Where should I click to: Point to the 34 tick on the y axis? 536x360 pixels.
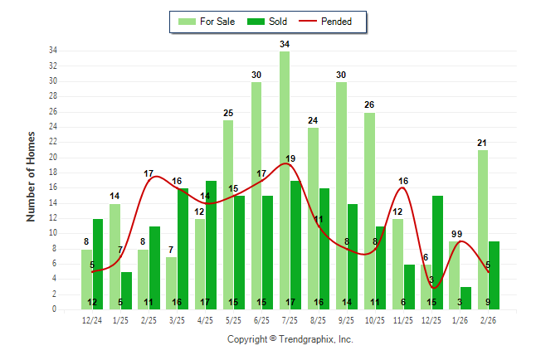tap(52, 51)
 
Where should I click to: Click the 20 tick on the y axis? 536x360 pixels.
tap(52, 158)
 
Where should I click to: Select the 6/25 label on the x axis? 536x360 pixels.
tap(261, 320)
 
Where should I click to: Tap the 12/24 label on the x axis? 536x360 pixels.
tap(92, 320)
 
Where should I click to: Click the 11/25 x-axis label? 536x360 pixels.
tap(403, 320)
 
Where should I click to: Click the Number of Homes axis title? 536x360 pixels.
tap(31, 176)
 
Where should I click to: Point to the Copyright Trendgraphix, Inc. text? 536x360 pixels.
tap(290, 339)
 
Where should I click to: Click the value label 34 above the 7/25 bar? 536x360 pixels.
tap(285, 44)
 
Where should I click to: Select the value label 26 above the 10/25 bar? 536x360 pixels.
tap(369, 105)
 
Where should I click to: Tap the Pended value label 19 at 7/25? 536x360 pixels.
tap(290, 158)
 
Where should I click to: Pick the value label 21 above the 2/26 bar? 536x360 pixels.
tap(482, 143)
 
